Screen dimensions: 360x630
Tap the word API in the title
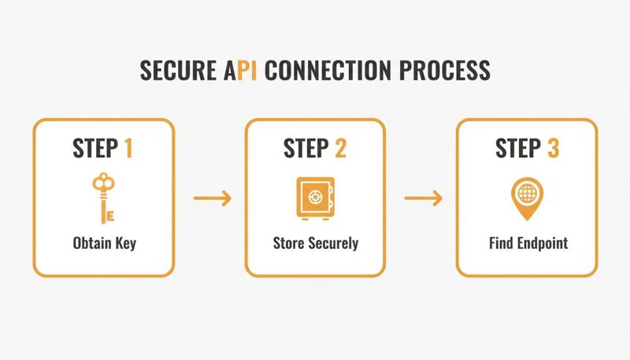tap(239, 70)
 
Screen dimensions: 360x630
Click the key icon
tap(103, 198)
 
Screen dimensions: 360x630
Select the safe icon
tap(315, 198)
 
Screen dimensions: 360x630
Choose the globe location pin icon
tap(525, 196)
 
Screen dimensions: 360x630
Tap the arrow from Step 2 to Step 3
tap(422, 198)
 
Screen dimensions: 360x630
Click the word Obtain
tap(91, 243)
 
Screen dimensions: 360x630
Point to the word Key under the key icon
tap(125, 243)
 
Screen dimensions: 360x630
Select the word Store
tap(289, 243)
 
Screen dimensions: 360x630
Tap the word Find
tap(500, 243)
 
